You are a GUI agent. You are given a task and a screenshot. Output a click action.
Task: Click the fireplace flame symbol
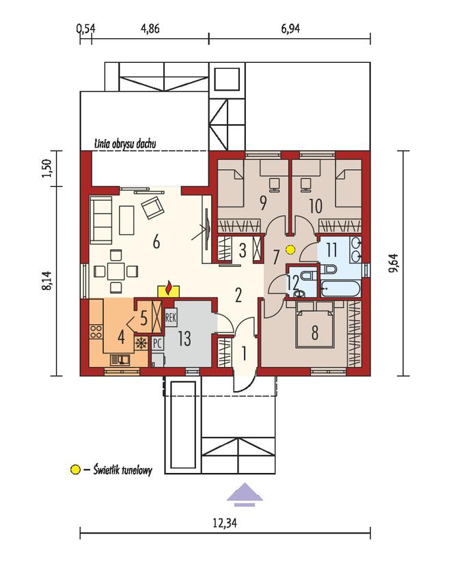coord(168,289)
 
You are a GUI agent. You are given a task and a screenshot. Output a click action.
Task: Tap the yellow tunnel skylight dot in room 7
coord(290,249)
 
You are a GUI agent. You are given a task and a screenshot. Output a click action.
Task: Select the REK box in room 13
coord(171,318)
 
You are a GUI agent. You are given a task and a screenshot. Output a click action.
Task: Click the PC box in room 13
coord(157,344)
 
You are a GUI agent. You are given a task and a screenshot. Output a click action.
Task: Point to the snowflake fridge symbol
coord(141,344)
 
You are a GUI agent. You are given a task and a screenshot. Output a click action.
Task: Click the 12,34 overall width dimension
coord(225,523)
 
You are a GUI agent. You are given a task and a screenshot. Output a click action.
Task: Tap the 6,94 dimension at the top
coord(290,29)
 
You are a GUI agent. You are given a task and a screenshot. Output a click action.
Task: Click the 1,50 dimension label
coord(47,168)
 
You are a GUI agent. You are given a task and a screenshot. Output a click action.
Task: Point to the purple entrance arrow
coord(245,495)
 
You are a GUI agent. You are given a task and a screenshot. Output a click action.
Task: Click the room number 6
coord(156,242)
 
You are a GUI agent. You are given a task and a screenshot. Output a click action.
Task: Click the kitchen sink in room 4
coord(120,359)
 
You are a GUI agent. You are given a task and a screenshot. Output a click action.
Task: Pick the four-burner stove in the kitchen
coord(96,331)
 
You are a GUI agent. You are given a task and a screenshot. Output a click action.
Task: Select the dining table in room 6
coord(115,271)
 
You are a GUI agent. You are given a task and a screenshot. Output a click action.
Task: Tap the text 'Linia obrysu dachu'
coord(125,143)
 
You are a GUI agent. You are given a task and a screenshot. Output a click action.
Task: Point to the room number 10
coord(316,206)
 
